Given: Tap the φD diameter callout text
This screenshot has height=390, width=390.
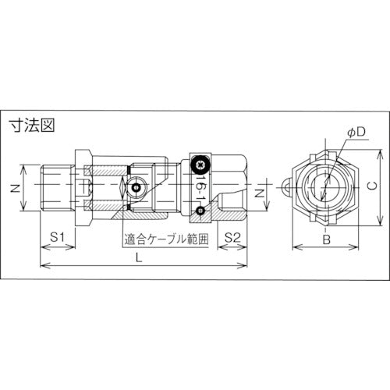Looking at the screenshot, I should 352,133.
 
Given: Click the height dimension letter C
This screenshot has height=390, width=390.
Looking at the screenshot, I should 372,187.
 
